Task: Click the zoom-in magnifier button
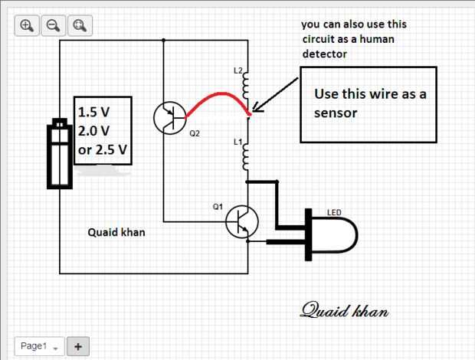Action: (x=28, y=25)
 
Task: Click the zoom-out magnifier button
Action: (x=53, y=25)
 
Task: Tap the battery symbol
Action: (x=59, y=152)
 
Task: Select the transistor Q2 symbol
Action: (x=169, y=117)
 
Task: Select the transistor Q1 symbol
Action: (x=242, y=223)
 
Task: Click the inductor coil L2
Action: (x=246, y=84)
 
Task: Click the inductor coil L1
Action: (x=246, y=155)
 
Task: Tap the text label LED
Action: (x=334, y=211)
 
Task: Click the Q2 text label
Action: (x=195, y=133)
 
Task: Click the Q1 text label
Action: (x=218, y=207)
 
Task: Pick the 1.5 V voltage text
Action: (x=94, y=112)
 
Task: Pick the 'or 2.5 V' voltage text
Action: (x=102, y=148)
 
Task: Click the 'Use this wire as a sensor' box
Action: (x=368, y=104)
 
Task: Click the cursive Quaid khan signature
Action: (x=345, y=310)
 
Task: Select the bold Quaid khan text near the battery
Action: (x=116, y=232)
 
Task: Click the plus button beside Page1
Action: (x=78, y=346)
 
